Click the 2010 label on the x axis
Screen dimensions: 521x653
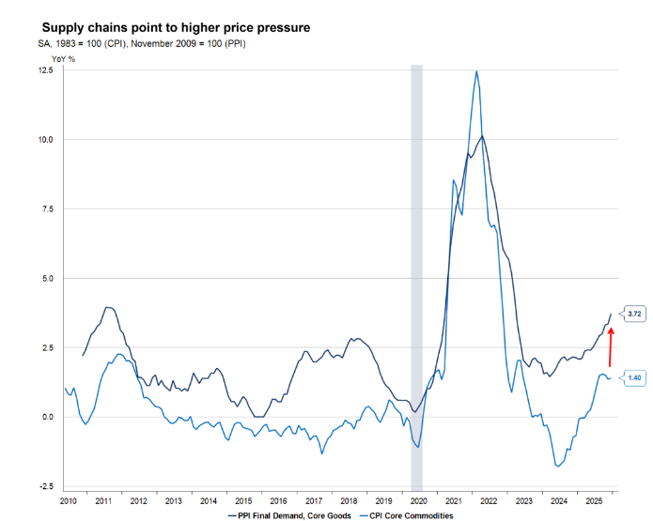point(69,502)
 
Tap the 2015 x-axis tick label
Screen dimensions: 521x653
point(244,502)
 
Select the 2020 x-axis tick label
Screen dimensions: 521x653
point(418,502)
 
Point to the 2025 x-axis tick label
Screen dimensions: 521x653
point(593,502)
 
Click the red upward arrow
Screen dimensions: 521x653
point(610,346)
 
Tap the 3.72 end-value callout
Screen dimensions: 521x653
point(633,313)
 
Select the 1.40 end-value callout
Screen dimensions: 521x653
point(633,377)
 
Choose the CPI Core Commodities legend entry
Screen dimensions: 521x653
point(412,515)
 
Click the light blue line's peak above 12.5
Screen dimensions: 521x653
point(477,71)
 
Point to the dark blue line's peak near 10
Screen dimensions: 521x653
point(482,136)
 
